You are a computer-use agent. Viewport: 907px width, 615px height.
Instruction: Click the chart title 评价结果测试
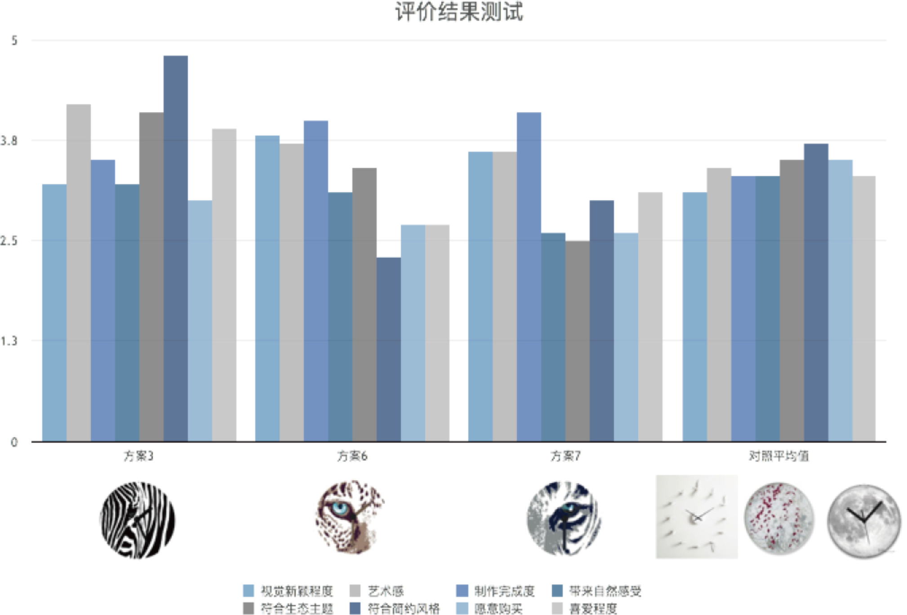[459, 12]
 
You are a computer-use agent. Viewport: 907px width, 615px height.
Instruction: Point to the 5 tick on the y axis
[14, 40]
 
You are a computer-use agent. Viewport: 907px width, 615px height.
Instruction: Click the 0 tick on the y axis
[14, 442]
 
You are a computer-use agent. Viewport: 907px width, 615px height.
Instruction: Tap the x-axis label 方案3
[138, 457]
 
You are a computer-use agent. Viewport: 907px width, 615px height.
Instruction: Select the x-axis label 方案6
[352, 457]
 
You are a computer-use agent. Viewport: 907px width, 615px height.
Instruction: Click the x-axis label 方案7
[565, 457]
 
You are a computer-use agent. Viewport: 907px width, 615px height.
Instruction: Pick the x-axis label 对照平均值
[778, 457]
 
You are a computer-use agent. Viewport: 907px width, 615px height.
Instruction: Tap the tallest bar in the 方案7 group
[529, 276]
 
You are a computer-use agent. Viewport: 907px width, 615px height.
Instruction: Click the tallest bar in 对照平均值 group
[816, 292]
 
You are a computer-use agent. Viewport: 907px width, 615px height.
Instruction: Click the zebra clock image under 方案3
[138, 518]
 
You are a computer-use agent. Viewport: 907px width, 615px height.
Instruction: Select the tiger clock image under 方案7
[562, 518]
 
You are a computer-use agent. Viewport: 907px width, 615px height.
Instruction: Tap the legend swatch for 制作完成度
[462, 590]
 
